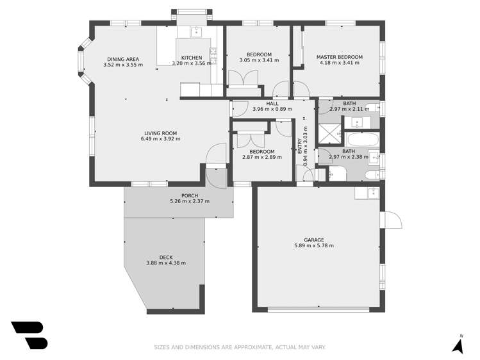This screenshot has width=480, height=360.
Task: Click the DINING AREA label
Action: click(122, 59)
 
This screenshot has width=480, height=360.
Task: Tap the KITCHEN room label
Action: click(191, 58)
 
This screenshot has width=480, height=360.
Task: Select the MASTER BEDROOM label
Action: click(339, 57)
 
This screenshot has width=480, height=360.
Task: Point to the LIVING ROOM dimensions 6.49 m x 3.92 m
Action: click(161, 138)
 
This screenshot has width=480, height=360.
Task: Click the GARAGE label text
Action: click(313, 240)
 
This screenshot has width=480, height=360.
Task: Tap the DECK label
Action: click(166, 257)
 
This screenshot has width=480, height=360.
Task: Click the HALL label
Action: click(272, 103)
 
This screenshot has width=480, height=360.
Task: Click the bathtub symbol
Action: click(362, 139)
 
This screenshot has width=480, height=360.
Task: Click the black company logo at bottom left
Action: click(29, 334)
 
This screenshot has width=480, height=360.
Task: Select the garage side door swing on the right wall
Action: click(393, 220)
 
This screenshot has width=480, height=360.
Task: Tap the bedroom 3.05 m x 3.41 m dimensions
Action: click(255, 60)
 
